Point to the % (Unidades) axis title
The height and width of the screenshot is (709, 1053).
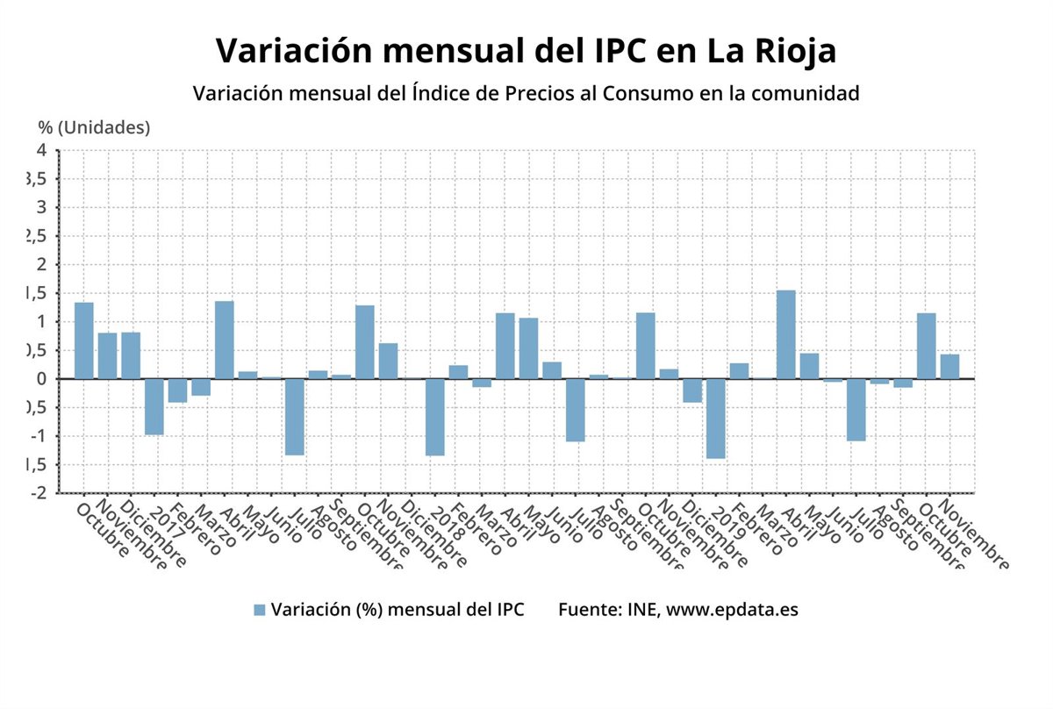[95, 127]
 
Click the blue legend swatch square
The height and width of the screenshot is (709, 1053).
[259, 610]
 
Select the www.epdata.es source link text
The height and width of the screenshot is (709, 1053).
[733, 610]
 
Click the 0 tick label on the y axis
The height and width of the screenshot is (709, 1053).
[41, 379]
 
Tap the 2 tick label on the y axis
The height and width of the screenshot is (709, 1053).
[41, 265]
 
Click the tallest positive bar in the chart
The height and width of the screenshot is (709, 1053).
[786, 334]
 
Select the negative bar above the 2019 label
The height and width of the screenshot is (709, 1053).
[716, 419]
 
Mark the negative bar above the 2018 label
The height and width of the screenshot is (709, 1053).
[435, 417]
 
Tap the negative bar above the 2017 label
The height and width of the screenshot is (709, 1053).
[154, 406]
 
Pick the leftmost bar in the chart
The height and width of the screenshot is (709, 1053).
[84, 340]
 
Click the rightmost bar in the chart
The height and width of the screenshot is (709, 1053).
[949, 367]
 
